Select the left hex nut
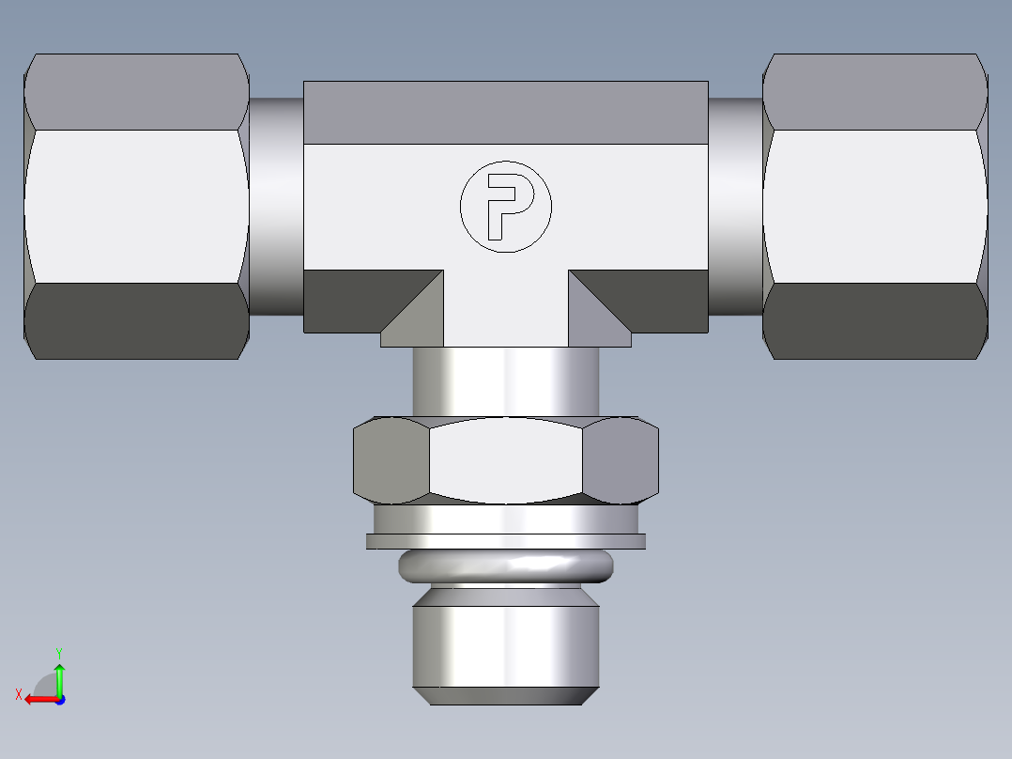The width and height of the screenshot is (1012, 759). (136, 206)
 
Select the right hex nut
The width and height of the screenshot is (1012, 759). (875, 206)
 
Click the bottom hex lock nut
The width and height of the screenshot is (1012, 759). (505, 459)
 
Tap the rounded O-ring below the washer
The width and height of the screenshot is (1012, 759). (505, 565)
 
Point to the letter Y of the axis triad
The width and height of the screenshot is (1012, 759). (58, 651)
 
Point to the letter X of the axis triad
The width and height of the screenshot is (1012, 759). (19, 694)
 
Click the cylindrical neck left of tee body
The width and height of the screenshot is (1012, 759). (276, 206)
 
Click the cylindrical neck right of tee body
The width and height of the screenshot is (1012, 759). (735, 206)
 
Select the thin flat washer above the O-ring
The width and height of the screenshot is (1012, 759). (505, 541)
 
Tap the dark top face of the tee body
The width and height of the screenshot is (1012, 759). (505, 112)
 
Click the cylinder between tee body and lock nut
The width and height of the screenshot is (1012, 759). (505, 380)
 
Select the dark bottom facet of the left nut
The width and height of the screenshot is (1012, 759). (136, 320)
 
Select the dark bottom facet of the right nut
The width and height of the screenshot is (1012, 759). (875, 320)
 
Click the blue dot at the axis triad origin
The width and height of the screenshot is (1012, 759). (59, 700)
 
